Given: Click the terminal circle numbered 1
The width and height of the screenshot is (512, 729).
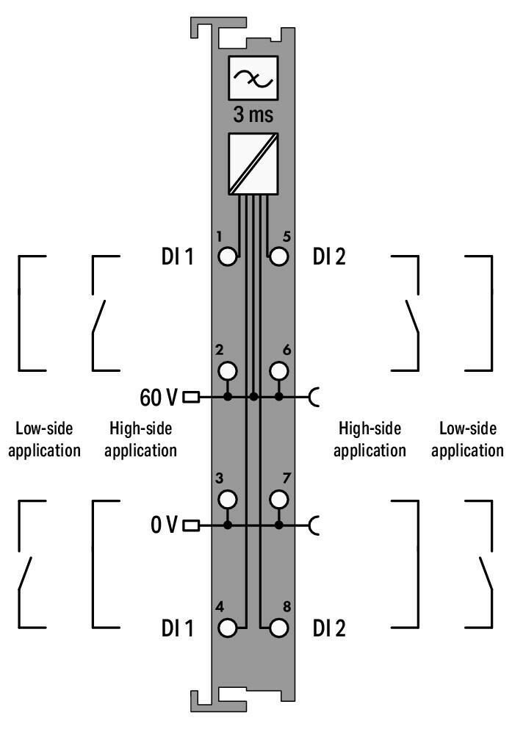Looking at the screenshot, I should pos(228,256).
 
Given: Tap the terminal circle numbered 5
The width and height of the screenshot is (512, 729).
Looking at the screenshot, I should pos(278,256).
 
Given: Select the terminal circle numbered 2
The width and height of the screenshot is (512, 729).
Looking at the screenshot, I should pos(228,370).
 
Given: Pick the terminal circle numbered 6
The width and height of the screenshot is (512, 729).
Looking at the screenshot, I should pos(278,370).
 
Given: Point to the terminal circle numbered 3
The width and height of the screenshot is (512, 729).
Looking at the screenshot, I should pos(228,499).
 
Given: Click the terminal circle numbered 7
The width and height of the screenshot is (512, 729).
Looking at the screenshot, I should pos(278,499).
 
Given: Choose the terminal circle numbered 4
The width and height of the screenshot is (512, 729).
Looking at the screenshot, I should pos(228,628).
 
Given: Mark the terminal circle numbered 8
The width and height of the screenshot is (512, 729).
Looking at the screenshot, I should pos(278,628).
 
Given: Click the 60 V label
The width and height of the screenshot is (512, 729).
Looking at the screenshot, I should pos(158,398).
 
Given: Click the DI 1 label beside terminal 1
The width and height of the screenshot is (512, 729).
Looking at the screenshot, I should pos(177,257).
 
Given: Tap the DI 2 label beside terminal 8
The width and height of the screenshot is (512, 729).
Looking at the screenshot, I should pos(330,629).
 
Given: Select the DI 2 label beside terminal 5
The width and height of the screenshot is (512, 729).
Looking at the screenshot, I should pos(330,257).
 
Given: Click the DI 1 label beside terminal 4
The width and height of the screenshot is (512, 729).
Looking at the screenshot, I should pos(177,629).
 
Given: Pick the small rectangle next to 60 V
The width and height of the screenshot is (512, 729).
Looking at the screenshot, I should pos(190,398).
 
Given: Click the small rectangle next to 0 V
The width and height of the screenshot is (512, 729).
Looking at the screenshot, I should pos(190,526).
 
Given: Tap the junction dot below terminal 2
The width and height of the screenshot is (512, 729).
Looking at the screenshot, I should pos(228,398).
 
